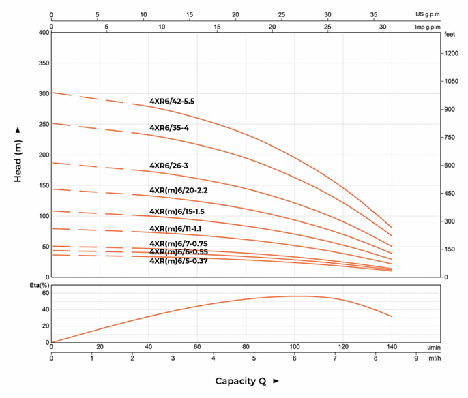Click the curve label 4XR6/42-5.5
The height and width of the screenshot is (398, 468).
[172, 101]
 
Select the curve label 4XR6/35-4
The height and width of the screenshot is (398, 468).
[169, 127]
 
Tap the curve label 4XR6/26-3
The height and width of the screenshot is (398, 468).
[169, 165]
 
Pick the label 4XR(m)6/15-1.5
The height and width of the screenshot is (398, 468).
[177, 211]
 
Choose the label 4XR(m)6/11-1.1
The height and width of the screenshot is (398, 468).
[175, 228]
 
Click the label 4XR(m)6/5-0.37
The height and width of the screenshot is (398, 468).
[179, 260]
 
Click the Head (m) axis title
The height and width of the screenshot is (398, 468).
[18, 154]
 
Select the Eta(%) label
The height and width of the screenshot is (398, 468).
[40, 285]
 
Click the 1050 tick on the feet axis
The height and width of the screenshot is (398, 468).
[451, 81]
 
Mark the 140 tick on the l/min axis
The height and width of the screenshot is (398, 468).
[392, 347]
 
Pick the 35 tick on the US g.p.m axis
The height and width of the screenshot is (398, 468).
[373, 14]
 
